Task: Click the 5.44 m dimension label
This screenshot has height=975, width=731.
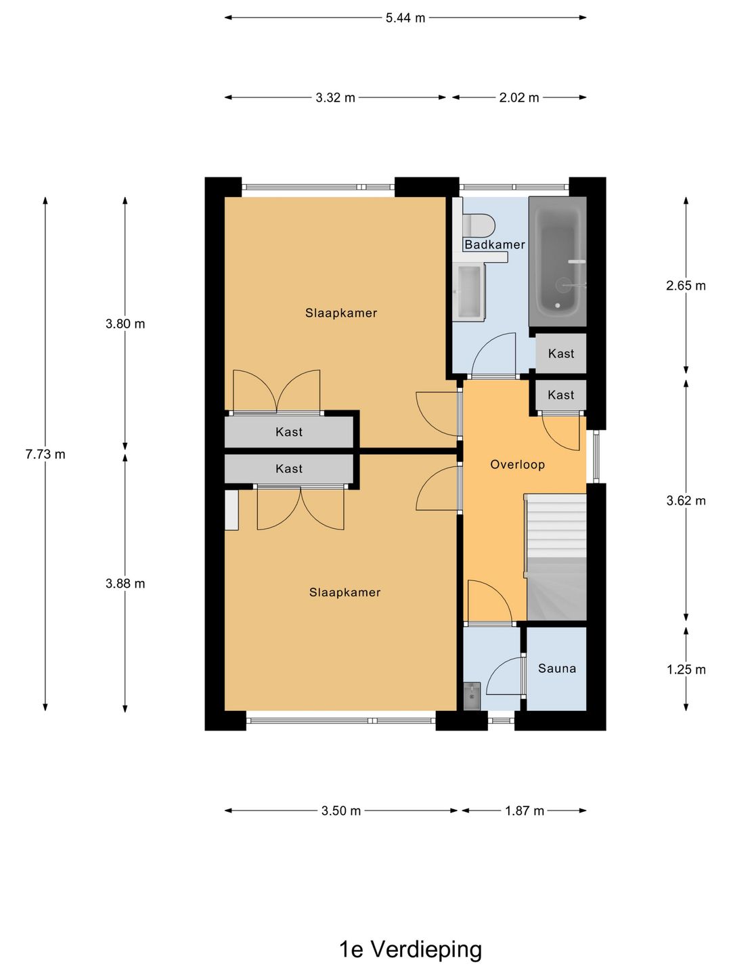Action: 405,18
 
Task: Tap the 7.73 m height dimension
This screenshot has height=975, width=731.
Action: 45,454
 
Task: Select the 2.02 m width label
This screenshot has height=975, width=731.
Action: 518,97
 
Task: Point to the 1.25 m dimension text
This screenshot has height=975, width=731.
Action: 686,670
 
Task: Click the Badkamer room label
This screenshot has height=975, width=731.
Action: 494,244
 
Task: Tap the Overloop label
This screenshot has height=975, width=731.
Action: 517,464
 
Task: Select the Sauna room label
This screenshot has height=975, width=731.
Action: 557,668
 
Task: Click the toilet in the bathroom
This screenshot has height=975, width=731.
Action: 479,225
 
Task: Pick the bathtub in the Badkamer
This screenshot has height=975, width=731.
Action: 558,261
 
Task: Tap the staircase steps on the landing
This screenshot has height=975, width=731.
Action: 556,557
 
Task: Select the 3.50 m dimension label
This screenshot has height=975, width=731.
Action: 341,810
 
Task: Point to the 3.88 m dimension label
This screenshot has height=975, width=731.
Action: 125,583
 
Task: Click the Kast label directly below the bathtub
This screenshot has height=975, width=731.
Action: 561,353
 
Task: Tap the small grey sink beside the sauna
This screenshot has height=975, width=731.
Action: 472,696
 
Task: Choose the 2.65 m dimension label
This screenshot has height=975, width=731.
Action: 686,286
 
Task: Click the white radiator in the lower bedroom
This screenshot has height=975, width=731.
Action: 231,510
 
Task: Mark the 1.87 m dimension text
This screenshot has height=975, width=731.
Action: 524,810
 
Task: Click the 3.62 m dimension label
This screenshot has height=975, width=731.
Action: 686,500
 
